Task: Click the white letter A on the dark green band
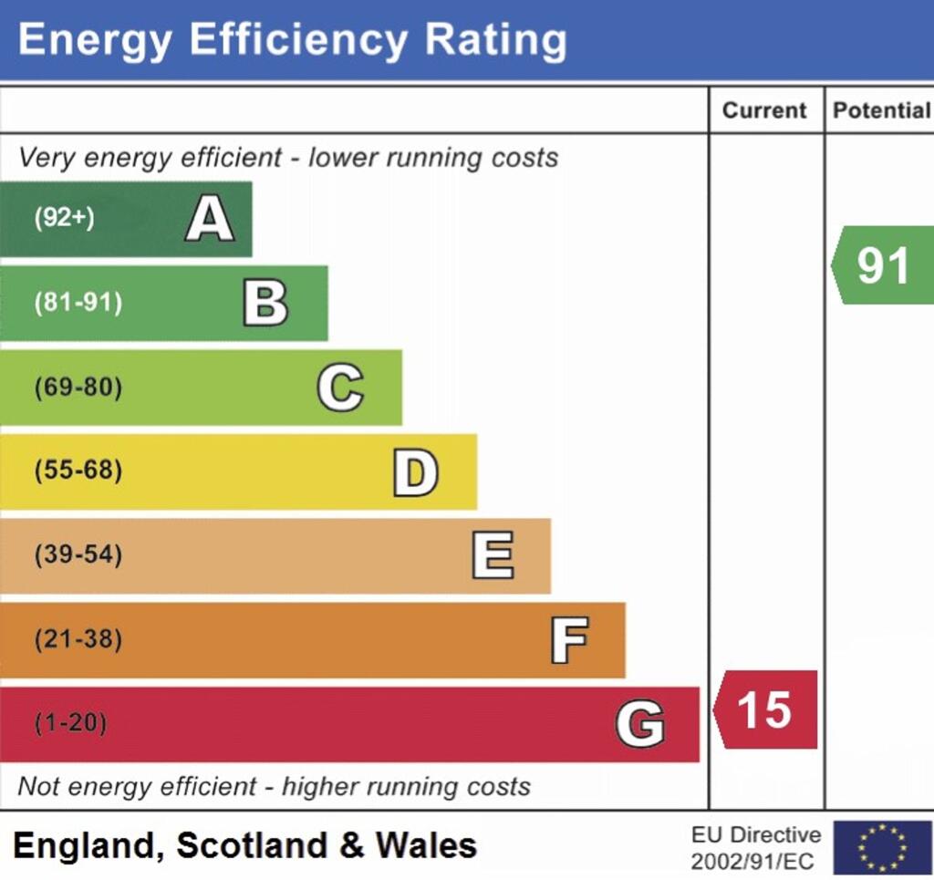pyautogui.click(x=209, y=220)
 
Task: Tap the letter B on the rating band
pyautogui.click(x=265, y=304)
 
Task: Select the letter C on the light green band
pyautogui.click(x=340, y=388)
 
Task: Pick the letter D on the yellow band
pyautogui.click(x=415, y=472)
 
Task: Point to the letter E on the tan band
pyautogui.click(x=493, y=555)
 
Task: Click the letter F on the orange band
pyautogui.click(x=569, y=640)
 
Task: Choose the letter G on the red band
pyautogui.click(x=640, y=725)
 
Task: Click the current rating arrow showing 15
pyautogui.click(x=765, y=710)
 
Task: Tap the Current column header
pyautogui.click(x=764, y=110)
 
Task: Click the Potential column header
pyautogui.click(x=881, y=110)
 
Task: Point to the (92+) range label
pyautogui.click(x=64, y=219)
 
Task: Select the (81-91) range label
pyautogui.click(x=78, y=304)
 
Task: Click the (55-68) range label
pyautogui.click(x=78, y=472)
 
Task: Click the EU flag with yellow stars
pyautogui.click(x=882, y=847)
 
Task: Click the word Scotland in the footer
pyautogui.click(x=252, y=845)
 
